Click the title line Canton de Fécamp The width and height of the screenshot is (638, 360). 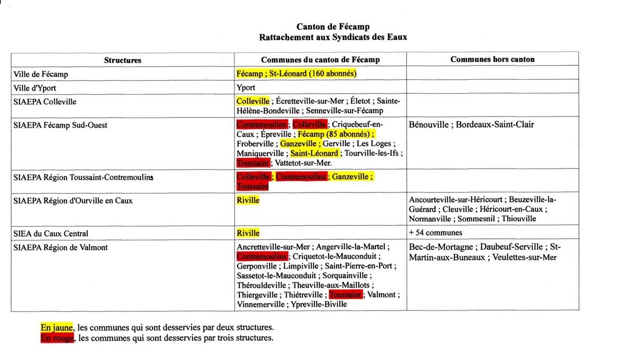point(333,27)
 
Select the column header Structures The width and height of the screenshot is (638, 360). point(123,60)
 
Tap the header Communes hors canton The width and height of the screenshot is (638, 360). point(492,60)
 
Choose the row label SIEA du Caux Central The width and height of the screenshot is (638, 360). point(51,233)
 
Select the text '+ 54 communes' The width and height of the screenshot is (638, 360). point(435,233)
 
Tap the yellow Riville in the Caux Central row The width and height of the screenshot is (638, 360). point(248,233)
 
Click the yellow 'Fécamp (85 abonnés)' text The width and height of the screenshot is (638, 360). point(335,134)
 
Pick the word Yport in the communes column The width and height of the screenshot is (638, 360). point(246,87)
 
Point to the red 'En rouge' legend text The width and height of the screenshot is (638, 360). point(57,338)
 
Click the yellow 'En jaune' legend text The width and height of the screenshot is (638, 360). point(56,328)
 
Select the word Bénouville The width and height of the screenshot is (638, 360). point(431,124)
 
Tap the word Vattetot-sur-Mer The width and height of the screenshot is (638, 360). point(304,163)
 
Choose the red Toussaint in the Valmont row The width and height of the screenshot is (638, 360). point(346,295)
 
